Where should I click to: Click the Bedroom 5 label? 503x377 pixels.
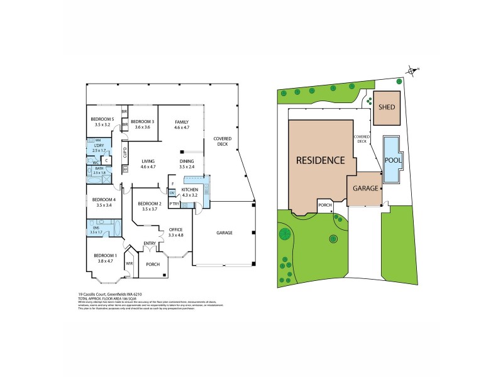tap(101, 119)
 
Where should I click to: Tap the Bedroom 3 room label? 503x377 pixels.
tap(143, 121)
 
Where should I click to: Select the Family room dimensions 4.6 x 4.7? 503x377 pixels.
tap(182, 128)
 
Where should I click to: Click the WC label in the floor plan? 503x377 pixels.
tap(95, 161)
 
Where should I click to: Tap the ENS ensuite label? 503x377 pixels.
tap(96, 229)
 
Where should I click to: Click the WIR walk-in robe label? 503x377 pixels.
tap(130, 263)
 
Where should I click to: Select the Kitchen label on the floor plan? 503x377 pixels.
tap(190, 189)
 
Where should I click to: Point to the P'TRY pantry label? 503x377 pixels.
tap(174, 204)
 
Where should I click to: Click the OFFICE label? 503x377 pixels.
tap(175, 230)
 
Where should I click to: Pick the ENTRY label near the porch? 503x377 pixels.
tap(150, 243)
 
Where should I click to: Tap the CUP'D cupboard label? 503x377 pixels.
tap(126, 151)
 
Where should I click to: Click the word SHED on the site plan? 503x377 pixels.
tap(387, 107)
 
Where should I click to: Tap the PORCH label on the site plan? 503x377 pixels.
tap(325, 205)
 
